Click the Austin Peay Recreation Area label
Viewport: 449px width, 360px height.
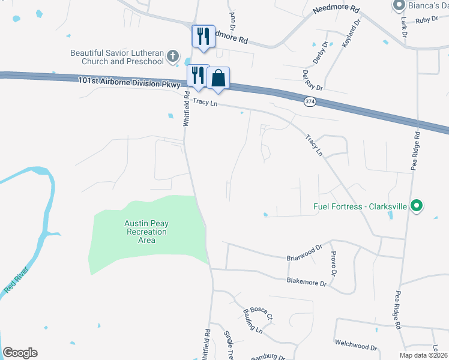click(146, 232)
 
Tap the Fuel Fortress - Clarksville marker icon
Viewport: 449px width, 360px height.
click(415, 206)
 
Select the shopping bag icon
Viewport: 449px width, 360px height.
click(219, 78)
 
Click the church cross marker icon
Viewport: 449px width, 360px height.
click(173, 56)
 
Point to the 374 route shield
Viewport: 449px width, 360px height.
click(309, 101)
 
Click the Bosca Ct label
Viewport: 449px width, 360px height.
click(262, 313)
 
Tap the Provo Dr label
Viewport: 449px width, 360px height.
click(334, 260)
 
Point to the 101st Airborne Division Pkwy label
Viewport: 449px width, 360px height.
click(128, 83)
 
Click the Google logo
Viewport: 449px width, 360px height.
click(20, 353)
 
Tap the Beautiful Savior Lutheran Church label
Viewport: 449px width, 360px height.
click(117, 57)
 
